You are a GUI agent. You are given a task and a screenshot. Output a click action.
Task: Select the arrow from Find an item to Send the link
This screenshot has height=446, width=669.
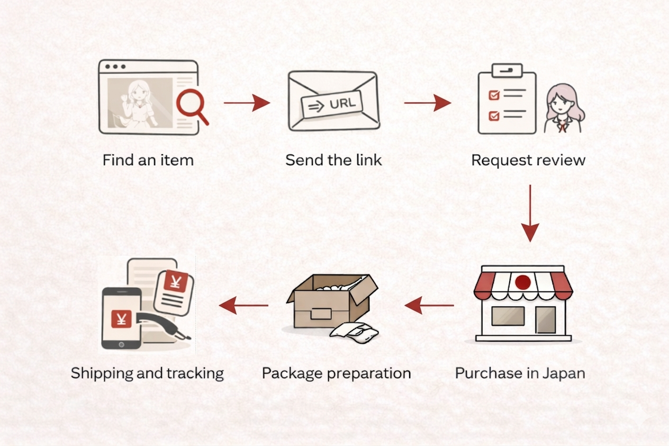[x=247, y=102]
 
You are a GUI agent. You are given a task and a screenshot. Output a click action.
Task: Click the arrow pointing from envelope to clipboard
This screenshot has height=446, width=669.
[x=427, y=102]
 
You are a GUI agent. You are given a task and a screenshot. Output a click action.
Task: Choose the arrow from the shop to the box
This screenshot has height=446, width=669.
[x=429, y=305]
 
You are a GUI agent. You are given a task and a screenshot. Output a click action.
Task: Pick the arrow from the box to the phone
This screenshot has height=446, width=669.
[x=244, y=305]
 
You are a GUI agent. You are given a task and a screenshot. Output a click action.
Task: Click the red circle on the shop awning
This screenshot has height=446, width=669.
[x=523, y=282]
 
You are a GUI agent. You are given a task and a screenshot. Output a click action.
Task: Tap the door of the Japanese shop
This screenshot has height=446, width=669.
[x=545, y=320]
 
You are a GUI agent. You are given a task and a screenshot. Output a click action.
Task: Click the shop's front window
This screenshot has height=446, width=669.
[x=508, y=316]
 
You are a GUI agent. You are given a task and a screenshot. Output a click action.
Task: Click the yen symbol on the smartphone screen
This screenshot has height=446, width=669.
[x=122, y=319]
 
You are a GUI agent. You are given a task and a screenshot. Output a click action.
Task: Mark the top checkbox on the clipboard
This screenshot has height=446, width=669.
[x=493, y=95]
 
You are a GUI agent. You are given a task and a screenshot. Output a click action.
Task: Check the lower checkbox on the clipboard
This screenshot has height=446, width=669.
[x=493, y=115]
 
